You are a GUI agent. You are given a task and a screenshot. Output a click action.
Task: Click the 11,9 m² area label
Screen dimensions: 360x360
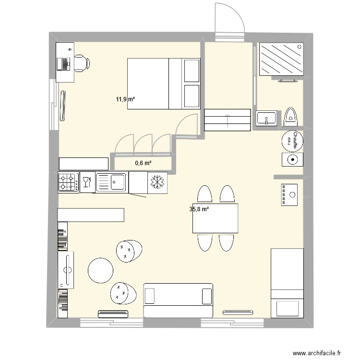tap(125, 99)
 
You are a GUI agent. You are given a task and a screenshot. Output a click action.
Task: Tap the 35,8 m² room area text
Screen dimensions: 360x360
tap(199, 209)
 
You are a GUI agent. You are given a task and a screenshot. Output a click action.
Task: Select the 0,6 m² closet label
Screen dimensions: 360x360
tap(143, 163)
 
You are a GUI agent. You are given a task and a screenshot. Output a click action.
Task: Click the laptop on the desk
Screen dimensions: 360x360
tap(63, 63)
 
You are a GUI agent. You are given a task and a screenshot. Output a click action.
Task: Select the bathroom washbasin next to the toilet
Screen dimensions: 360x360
tap(266, 118)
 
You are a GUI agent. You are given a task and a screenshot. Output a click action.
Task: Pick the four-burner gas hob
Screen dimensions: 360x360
tap(68, 182)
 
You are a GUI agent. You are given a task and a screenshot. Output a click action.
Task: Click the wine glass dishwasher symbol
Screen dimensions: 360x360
tap(87, 182)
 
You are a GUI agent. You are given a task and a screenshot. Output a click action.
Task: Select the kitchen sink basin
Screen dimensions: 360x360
tap(115, 181)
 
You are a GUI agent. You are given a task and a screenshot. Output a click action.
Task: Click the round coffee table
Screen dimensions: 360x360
tap(101, 271)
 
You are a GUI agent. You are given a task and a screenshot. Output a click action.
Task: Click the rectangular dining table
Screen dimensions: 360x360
tap(216, 218)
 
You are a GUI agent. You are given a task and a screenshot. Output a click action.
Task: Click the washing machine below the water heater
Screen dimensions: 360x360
tap(291, 159)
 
